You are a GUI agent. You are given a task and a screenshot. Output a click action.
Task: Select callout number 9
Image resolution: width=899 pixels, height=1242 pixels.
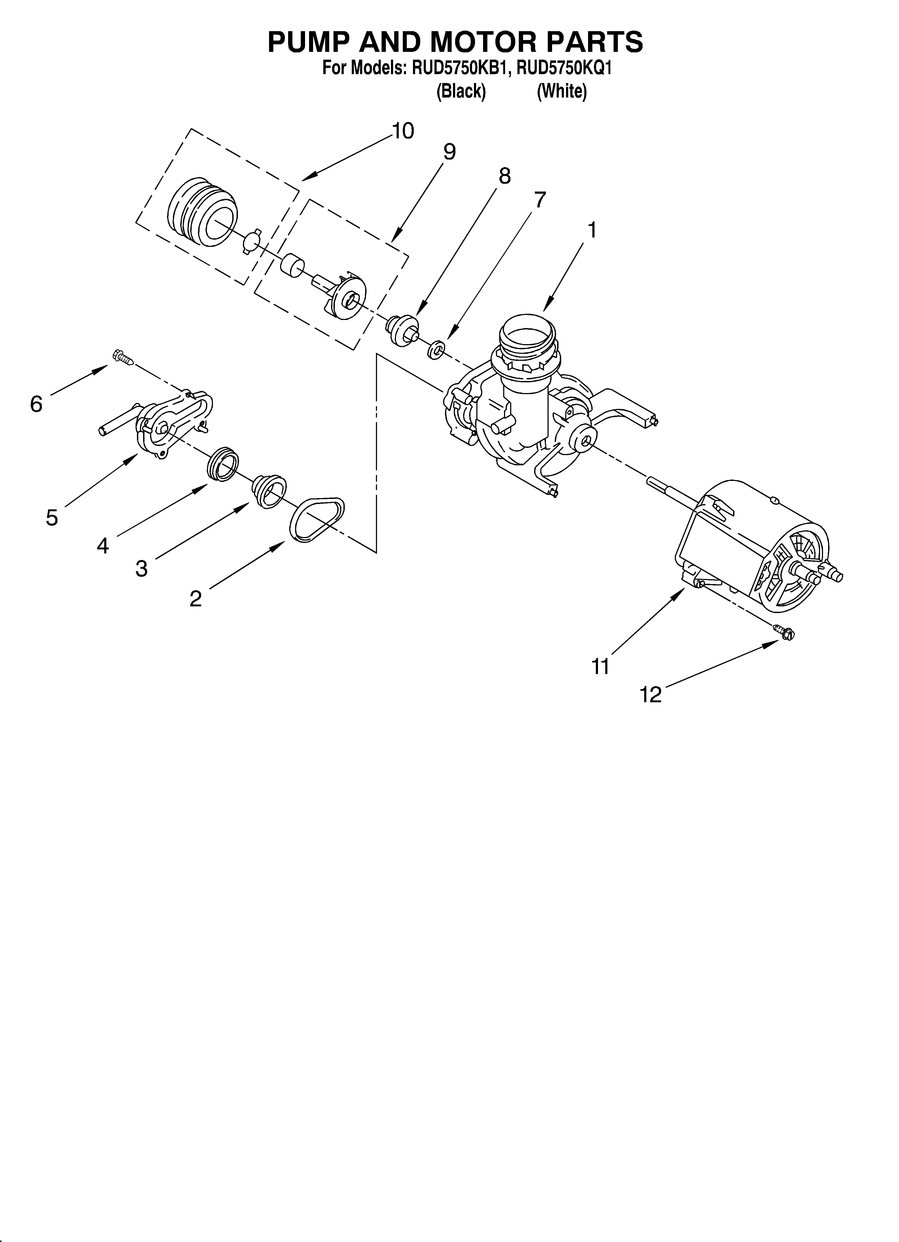(x=449, y=152)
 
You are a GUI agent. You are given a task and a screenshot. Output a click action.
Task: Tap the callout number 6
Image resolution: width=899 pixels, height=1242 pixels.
(x=36, y=404)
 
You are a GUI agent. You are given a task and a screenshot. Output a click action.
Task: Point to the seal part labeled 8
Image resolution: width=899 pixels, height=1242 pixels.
(x=403, y=330)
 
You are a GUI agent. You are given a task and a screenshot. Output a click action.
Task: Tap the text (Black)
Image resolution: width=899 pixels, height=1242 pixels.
(x=461, y=91)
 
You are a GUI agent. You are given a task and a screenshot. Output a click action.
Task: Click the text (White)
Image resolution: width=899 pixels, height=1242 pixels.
(x=562, y=91)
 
